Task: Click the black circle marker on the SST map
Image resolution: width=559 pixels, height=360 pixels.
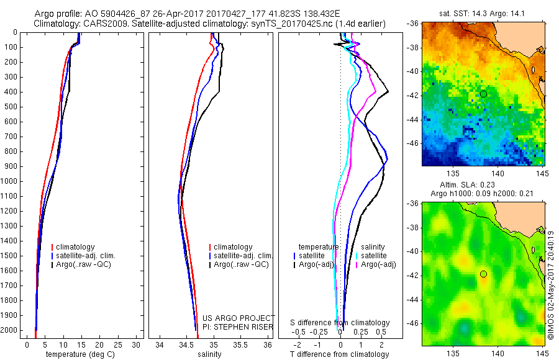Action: coord(483,94)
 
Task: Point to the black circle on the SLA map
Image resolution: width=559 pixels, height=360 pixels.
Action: coord(483,274)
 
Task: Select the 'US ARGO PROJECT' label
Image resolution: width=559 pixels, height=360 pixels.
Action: coord(239,318)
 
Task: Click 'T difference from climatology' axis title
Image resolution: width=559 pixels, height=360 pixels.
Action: coord(339,354)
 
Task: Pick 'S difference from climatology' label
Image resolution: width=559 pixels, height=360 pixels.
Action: coord(340,323)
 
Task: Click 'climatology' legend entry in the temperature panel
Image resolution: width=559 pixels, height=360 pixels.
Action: coord(79,247)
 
